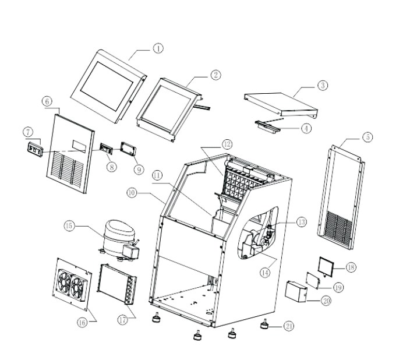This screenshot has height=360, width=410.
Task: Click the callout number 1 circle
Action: (x=158, y=48)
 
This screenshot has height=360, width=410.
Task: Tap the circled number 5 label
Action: (x=368, y=137)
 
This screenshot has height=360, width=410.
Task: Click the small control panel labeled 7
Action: (x=34, y=149)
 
